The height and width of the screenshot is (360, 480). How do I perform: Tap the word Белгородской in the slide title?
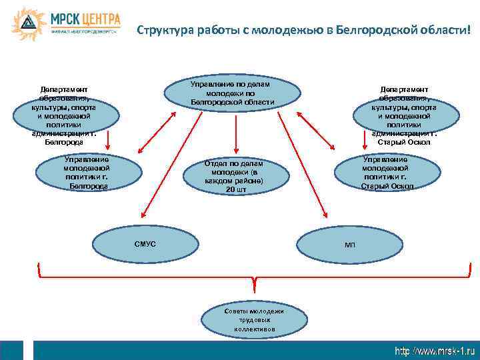pos(373,30)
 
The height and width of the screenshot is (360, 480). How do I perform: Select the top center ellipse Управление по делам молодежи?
pos(232,94)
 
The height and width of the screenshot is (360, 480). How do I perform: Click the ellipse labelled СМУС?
pos(145,245)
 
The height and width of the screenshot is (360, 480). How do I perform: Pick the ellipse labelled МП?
pos(350,245)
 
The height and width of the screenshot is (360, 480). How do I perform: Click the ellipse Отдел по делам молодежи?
pos(234,177)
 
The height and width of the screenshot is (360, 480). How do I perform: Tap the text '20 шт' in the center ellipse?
pos(235,190)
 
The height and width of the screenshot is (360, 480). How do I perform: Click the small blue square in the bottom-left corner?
pos(11,351)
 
